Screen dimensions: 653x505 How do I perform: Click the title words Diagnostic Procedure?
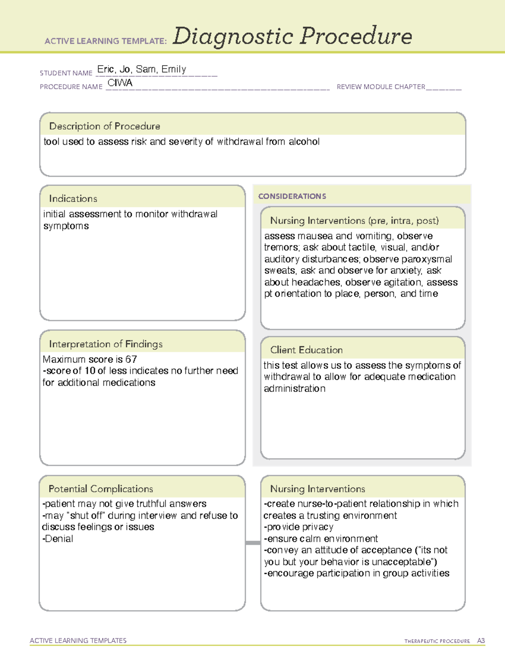[292, 36]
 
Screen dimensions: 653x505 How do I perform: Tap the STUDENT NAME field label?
[66, 73]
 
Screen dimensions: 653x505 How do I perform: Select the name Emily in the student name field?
[174, 69]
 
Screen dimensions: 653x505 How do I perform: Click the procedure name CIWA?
[120, 83]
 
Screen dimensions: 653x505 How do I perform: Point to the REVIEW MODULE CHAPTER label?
[381, 87]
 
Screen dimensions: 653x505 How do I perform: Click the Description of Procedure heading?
[104, 126]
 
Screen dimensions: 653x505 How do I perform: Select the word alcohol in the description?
[304, 142]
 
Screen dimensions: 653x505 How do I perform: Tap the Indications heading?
[73, 198]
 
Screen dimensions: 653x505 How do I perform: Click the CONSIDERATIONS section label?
[292, 196]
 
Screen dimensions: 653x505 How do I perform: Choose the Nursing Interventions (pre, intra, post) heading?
[354, 221]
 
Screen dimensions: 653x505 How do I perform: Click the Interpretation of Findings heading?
[106, 344]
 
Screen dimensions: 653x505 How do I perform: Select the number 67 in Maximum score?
[131, 360]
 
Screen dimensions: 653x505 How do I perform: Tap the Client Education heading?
[306, 350]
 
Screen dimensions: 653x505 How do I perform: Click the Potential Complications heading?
[101, 489]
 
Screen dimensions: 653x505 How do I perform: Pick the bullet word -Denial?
[58, 539]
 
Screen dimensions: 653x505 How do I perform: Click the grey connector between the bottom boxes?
[253, 543]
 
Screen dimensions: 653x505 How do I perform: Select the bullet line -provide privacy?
[298, 527]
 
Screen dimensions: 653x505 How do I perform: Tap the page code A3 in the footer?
[481, 641]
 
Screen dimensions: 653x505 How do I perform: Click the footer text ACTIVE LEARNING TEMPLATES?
[78, 640]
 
